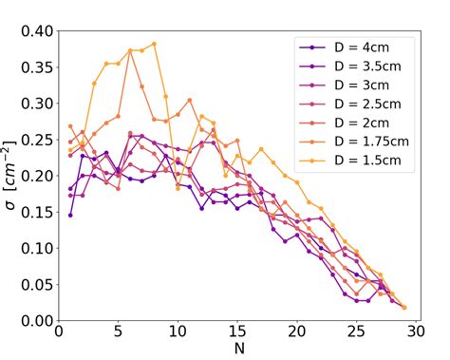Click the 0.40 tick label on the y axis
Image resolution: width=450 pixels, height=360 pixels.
click(x=32, y=30)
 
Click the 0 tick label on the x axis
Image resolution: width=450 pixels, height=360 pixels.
click(x=59, y=337)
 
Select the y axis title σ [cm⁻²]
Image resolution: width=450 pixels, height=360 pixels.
click(x=11, y=176)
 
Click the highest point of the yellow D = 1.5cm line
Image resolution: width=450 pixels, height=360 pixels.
click(x=154, y=44)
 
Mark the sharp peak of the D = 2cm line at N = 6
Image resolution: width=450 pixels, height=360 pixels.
click(x=130, y=50)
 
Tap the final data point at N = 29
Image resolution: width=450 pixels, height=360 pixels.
click(x=403, y=307)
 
